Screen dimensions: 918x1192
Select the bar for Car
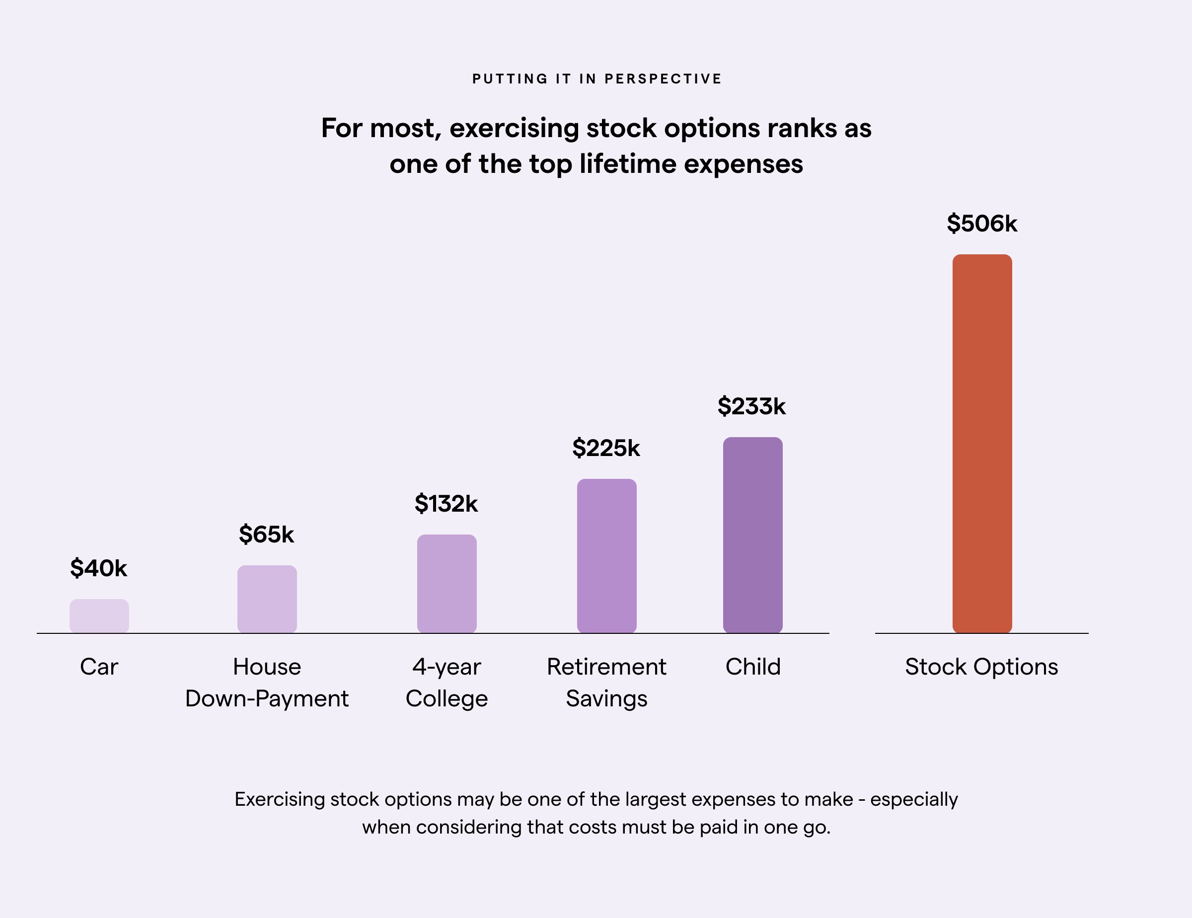pos(99,615)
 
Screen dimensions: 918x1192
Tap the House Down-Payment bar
pos(267,599)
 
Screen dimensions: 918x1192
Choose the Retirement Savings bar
pos(606,555)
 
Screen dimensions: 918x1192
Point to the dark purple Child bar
pos(752,535)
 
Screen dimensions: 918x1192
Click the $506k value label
pos(982,224)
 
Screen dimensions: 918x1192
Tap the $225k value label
pos(606,448)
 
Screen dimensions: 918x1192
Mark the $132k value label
pos(446,503)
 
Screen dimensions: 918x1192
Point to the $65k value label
pos(266,535)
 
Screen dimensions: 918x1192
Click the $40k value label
pos(99,568)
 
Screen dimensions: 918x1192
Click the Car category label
pos(99,667)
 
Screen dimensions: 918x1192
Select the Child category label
pos(753,667)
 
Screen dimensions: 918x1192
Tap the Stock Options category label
pos(981,667)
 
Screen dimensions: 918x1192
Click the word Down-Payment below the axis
pos(267,698)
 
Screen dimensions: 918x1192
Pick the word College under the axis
pos(447,698)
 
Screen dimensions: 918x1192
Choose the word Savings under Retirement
pos(606,698)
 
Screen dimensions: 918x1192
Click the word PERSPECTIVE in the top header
pos(663,79)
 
